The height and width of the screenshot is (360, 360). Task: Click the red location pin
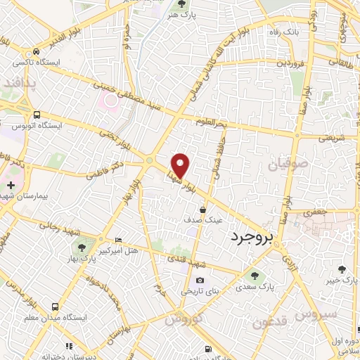[181, 165]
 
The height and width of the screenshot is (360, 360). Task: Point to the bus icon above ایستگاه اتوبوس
[37, 115]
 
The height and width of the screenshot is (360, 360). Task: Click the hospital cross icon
[10, 185]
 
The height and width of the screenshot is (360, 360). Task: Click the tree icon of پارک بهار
[82, 247]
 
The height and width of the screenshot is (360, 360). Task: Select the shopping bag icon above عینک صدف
[203, 209]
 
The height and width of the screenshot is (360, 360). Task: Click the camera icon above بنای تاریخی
[200, 281]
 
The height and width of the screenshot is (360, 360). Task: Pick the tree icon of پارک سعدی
[254, 276]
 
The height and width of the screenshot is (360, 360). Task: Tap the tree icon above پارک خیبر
[342, 269]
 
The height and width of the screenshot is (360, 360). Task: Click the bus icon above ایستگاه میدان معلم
[56, 307]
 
